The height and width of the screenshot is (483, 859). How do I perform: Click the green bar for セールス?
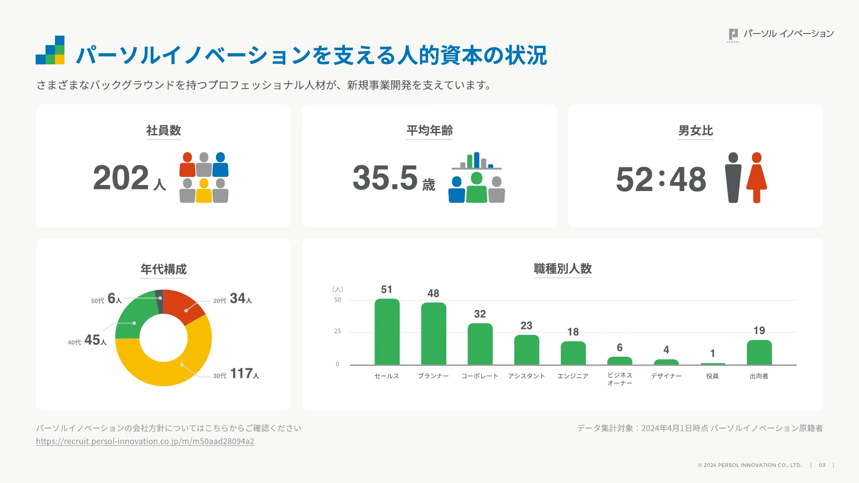click(x=387, y=331)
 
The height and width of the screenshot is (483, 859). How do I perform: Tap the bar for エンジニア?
click(x=573, y=353)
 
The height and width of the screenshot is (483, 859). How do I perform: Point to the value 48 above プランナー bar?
click(x=433, y=293)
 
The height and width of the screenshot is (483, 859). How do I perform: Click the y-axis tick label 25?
click(x=338, y=331)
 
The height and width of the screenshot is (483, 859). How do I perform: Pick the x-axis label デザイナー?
click(x=666, y=376)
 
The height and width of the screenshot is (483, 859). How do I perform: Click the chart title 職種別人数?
click(x=563, y=269)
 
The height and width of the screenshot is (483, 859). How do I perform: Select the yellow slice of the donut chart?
click(x=172, y=365)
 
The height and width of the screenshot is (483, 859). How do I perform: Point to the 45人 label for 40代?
click(x=95, y=340)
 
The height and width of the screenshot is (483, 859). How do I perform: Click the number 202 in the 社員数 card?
click(x=121, y=178)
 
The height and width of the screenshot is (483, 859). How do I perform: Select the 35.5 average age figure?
click(x=385, y=178)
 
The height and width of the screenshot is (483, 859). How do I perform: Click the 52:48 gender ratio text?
click(x=661, y=179)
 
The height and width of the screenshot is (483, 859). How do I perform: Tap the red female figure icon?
click(x=757, y=177)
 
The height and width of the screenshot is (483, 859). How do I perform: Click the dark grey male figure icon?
click(x=733, y=177)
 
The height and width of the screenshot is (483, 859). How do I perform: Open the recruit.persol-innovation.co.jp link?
click(x=145, y=441)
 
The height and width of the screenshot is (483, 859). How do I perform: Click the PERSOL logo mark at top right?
click(x=734, y=34)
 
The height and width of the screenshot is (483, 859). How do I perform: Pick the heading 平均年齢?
click(x=429, y=131)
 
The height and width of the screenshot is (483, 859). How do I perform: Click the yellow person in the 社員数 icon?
click(x=204, y=191)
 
